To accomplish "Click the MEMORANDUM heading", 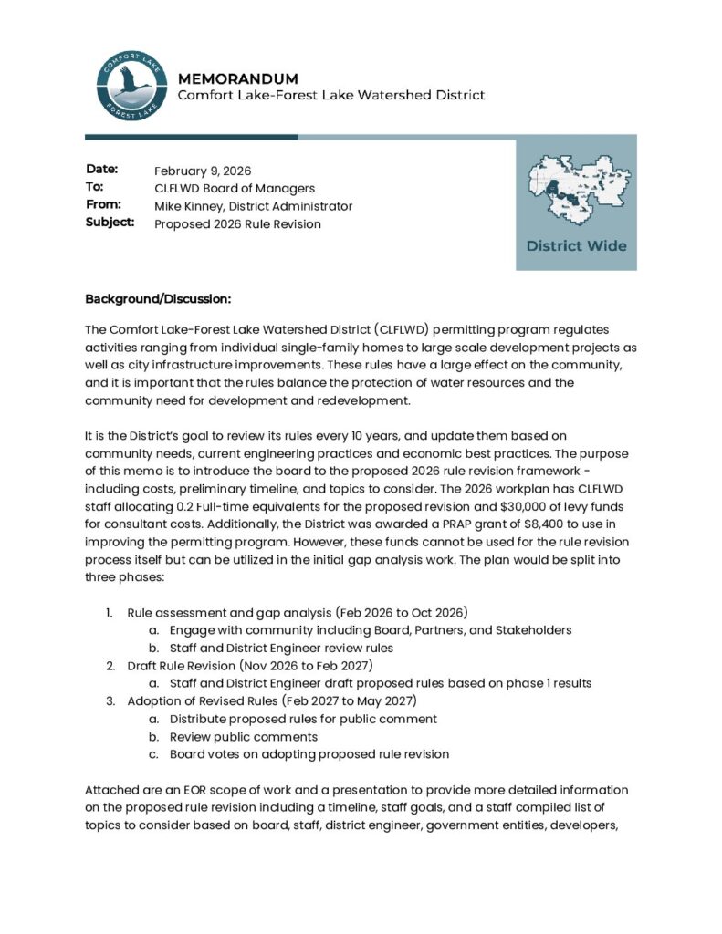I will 237,78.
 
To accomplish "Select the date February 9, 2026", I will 203,171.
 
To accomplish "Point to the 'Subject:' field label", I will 110,223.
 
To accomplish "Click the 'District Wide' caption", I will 576,246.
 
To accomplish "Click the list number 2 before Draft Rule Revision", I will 110,666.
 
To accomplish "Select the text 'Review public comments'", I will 244,736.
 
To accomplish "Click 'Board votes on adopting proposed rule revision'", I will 309,754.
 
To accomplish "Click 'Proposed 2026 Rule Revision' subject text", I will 237,223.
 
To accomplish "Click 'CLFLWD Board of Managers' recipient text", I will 235,188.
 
